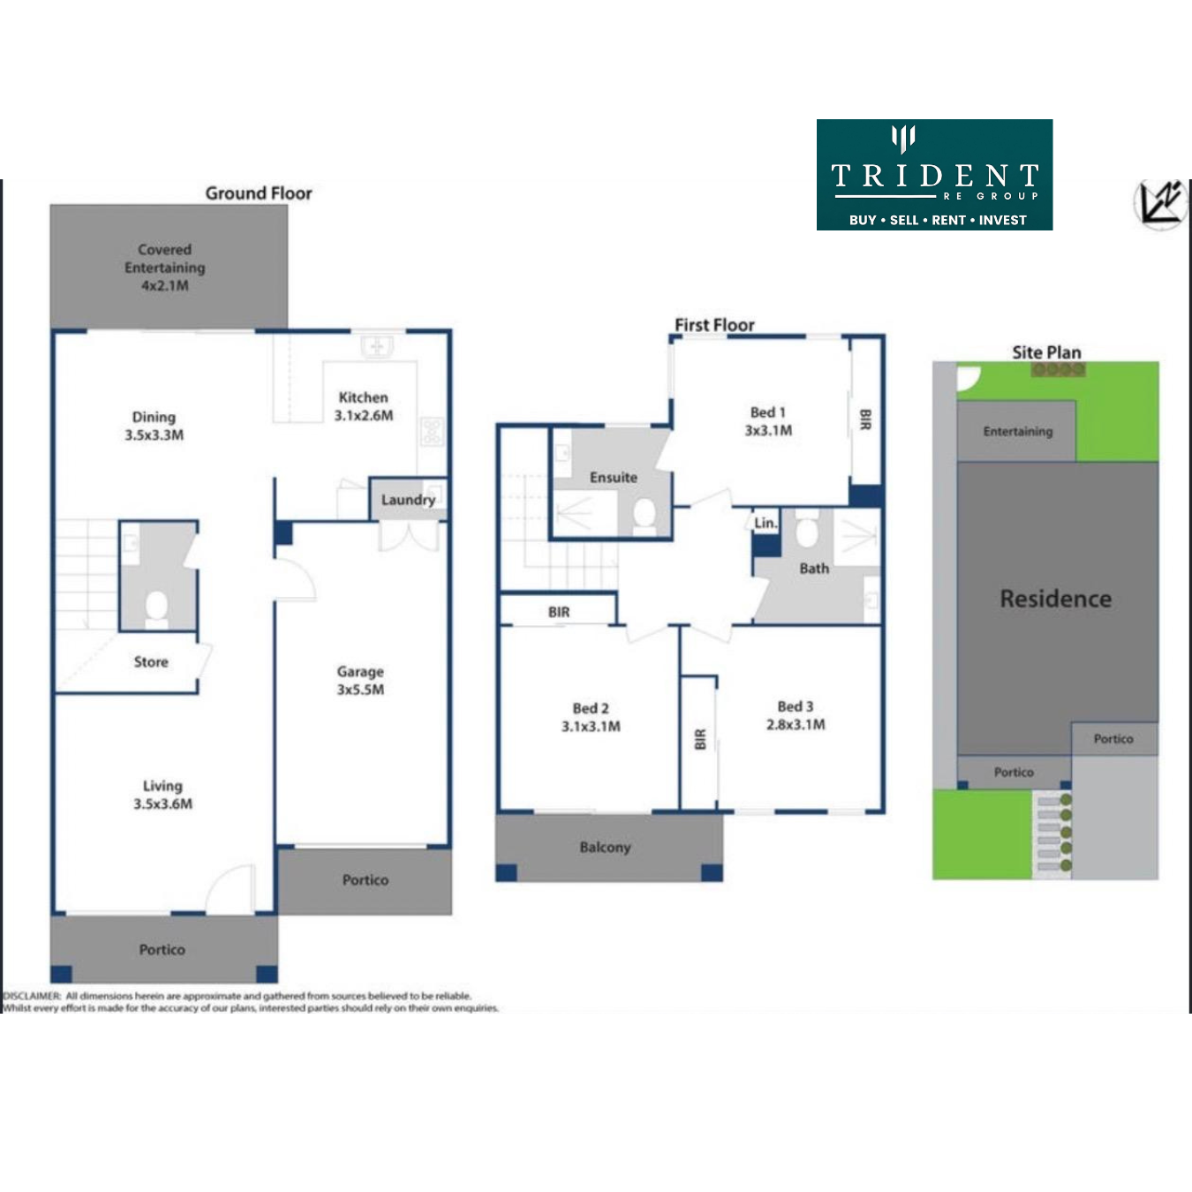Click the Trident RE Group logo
click(x=934, y=175)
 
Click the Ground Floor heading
click(x=259, y=193)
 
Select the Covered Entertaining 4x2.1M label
click(x=164, y=268)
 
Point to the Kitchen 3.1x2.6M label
click(x=364, y=406)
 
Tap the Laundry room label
click(x=408, y=500)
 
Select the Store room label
click(x=151, y=662)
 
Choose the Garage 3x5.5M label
click(x=360, y=681)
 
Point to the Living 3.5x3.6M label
click(x=162, y=795)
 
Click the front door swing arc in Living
click(x=223, y=879)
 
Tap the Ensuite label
click(x=614, y=478)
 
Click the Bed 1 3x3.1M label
click(x=768, y=421)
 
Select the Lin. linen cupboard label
click(x=766, y=524)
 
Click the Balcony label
click(x=605, y=848)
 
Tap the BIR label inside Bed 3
click(x=700, y=739)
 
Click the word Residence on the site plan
click(x=1056, y=599)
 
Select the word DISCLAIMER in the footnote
click(x=32, y=996)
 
